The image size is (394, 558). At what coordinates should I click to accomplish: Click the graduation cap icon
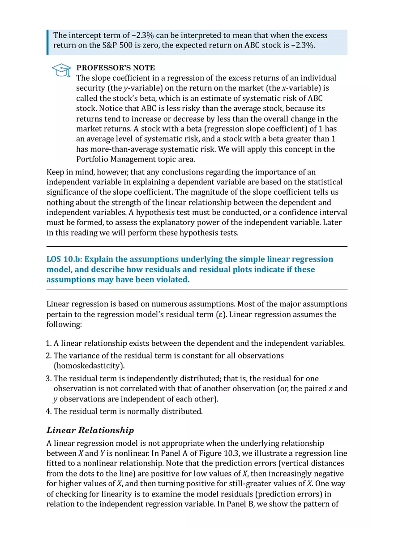61,70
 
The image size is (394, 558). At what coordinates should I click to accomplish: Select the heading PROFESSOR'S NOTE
116,68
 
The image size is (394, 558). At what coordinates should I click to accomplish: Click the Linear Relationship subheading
90,430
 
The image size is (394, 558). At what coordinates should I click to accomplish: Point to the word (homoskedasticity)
89,365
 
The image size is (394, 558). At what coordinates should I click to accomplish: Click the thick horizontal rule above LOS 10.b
197,246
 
